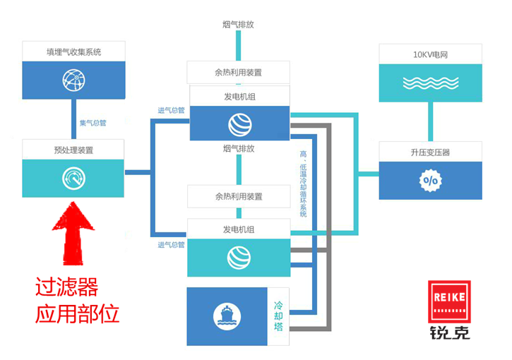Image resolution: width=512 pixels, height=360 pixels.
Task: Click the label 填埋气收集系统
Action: click(x=73, y=52)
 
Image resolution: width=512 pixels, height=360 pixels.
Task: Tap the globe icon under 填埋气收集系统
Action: click(x=73, y=79)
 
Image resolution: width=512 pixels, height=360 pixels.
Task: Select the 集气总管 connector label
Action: click(x=93, y=122)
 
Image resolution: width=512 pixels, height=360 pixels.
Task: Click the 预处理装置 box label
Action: click(x=73, y=150)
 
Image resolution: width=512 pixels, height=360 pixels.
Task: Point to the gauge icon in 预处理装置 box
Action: click(x=73, y=178)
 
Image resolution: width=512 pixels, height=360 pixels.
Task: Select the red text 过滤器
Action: click(x=67, y=287)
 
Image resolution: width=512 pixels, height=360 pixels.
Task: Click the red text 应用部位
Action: click(x=77, y=313)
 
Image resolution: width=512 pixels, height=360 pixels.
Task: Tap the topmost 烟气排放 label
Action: click(x=238, y=24)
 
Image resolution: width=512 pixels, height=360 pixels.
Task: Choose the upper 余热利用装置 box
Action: click(x=239, y=72)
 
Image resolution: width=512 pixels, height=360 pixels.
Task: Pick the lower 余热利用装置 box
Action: click(x=239, y=196)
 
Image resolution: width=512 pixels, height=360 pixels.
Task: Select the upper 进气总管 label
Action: click(x=171, y=110)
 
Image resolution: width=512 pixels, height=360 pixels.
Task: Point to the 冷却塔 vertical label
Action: click(x=278, y=316)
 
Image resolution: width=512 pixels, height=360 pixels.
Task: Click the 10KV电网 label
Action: click(x=431, y=54)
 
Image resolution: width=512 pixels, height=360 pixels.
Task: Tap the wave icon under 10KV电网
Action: click(x=431, y=83)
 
